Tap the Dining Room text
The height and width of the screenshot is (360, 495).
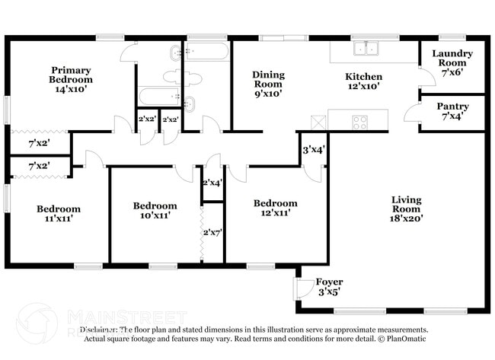pyautogui.click(x=268, y=79)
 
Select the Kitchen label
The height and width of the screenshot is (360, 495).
pyautogui.click(x=364, y=77)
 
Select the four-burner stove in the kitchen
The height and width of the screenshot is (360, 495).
pyautogui.click(x=359, y=120)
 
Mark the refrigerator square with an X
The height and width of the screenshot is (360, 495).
pyautogui.click(x=317, y=120)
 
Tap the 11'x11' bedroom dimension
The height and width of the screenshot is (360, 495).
pyautogui.click(x=59, y=219)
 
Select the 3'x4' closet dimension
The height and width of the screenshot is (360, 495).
pyautogui.click(x=313, y=150)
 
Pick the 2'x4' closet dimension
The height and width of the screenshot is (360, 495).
pyautogui.click(x=212, y=183)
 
